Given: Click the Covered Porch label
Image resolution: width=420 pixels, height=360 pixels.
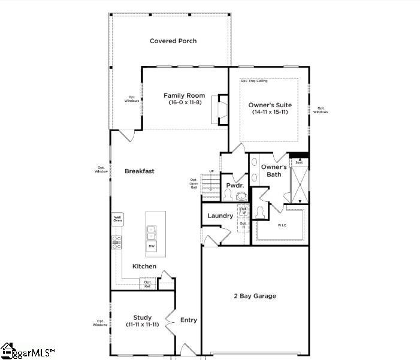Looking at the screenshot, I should (x=173, y=41).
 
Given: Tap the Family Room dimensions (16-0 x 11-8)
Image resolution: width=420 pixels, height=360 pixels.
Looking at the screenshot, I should (x=185, y=103).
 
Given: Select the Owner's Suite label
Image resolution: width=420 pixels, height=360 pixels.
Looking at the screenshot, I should (x=268, y=105).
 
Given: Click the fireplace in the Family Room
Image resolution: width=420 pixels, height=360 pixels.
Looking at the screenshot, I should (x=223, y=109).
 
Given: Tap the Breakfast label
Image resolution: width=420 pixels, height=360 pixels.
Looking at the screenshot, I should (x=140, y=171).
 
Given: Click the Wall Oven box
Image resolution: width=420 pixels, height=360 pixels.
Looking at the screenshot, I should (x=118, y=219).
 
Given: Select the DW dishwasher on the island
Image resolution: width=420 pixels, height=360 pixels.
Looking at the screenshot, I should (x=151, y=246).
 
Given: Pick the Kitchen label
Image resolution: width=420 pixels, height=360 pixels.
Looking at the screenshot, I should (x=144, y=266).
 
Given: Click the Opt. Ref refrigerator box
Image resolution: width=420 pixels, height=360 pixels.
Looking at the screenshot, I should (x=147, y=284).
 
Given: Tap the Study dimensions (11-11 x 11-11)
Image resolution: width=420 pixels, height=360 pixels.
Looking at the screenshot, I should (x=142, y=325).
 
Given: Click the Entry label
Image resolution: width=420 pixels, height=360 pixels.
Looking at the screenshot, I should (x=189, y=320).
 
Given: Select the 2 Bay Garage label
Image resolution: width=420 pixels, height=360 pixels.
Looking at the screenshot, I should (x=255, y=296).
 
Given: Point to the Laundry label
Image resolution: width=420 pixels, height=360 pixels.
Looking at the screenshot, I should (x=220, y=216).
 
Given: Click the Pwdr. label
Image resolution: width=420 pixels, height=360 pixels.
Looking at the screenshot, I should (x=234, y=186).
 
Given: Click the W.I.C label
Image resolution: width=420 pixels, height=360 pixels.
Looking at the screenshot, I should (x=282, y=226).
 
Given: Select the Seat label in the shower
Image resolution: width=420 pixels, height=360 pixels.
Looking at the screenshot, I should (x=298, y=162).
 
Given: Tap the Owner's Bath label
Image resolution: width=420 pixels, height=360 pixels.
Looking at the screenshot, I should (x=273, y=171).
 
